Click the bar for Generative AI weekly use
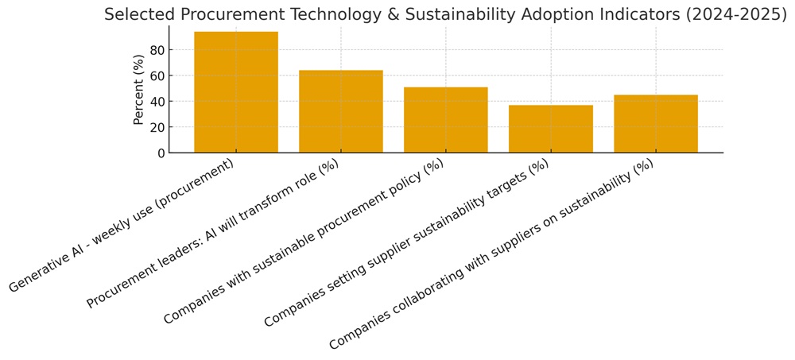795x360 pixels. (x=236, y=92)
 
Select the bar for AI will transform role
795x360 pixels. (x=341, y=111)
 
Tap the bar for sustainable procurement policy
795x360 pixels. (x=446, y=120)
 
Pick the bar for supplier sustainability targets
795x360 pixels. (x=551, y=129)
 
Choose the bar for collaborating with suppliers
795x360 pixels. (x=656, y=124)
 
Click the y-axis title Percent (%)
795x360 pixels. (x=139, y=89)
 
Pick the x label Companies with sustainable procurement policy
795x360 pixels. (x=304, y=242)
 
